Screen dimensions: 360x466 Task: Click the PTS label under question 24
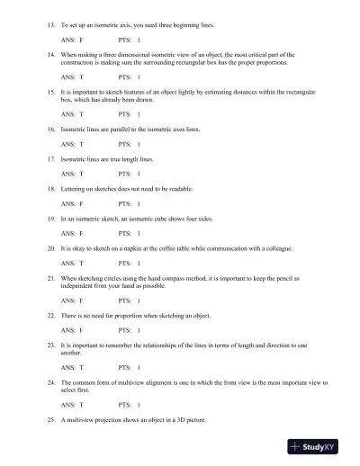pyautogui.click(x=124, y=406)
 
